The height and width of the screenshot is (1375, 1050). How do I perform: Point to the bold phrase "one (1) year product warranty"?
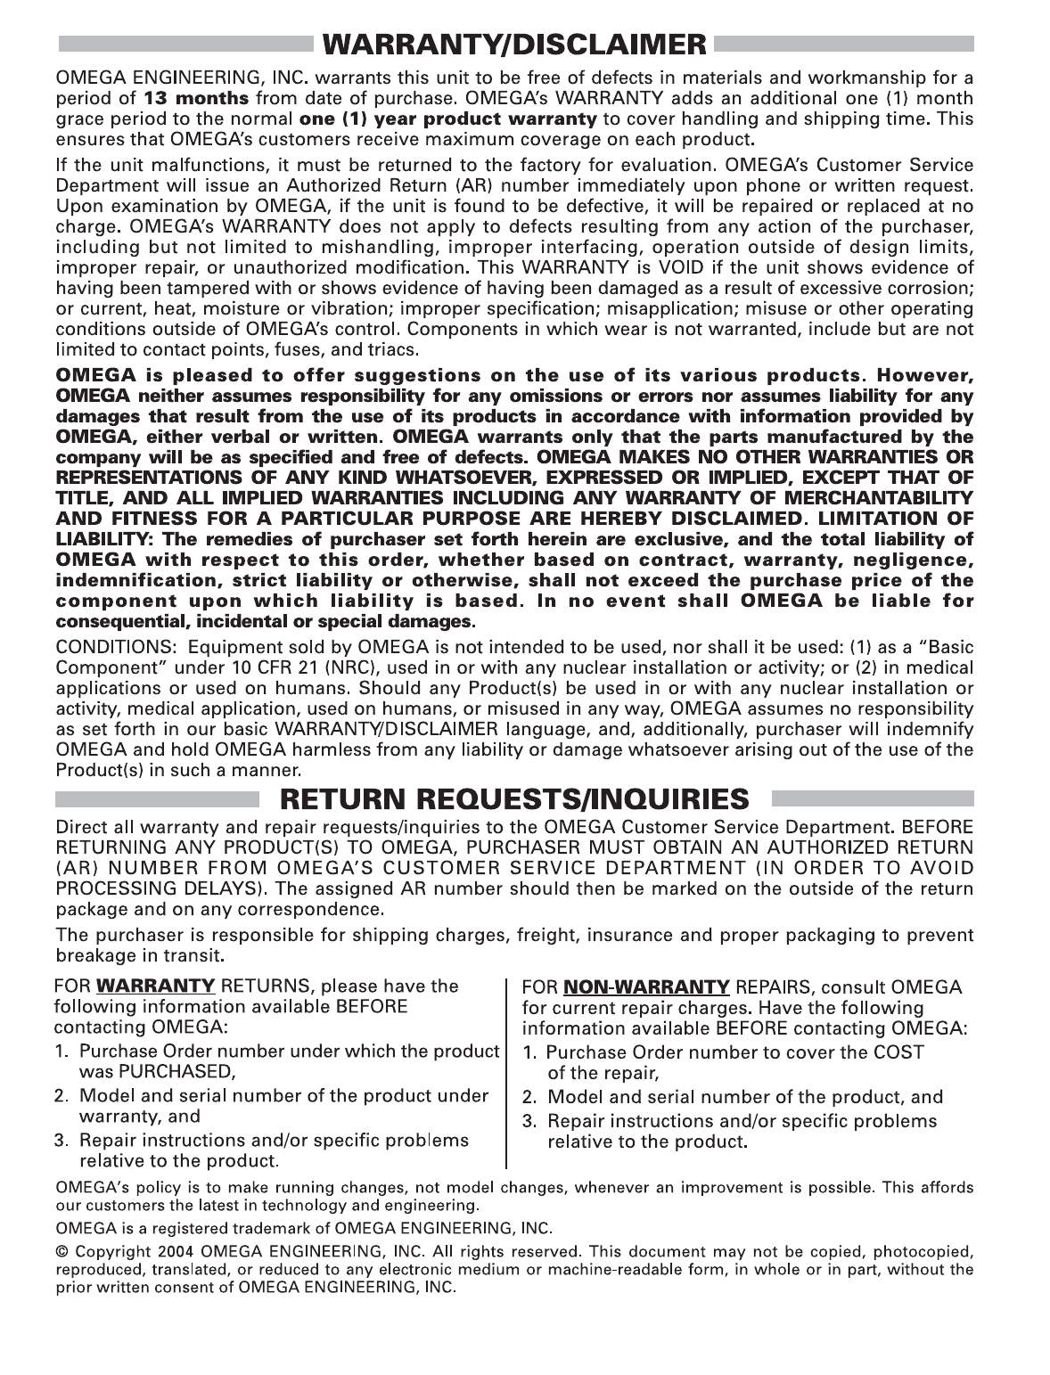[x=447, y=119]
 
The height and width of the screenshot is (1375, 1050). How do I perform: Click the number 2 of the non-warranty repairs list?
[x=529, y=1098]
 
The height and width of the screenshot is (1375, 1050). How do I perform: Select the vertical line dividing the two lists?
[x=507, y=1073]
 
